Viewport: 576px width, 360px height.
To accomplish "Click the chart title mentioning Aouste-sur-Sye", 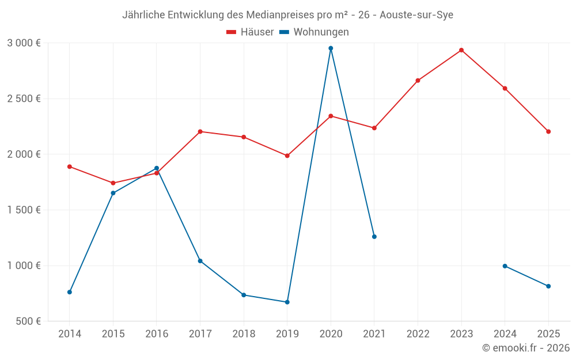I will (287, 15).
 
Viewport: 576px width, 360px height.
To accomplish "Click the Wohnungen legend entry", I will (314, 32).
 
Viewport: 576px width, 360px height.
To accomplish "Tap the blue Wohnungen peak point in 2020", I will (331, 48).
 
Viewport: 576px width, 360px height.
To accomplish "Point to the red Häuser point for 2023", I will (461, 50).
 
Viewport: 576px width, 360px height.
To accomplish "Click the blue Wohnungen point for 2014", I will (70, 292).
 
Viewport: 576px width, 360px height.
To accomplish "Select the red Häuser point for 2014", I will (70, 166).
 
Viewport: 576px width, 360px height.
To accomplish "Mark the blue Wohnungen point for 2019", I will (287, 302).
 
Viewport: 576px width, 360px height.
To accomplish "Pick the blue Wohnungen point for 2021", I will (374, 237).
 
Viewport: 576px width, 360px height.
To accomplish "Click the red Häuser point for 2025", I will (548, 131).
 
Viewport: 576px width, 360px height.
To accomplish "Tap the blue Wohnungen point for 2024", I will (505, 266).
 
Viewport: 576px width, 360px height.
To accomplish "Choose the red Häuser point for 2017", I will (200, 131).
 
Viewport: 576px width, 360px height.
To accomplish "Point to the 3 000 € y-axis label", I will (24, 43).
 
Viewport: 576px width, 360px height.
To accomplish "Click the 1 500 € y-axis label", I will (24, 210).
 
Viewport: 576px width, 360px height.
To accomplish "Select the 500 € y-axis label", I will (28, 321).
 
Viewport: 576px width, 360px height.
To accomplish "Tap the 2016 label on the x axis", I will (157, 334).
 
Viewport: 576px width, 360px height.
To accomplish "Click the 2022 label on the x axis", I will (418, 334).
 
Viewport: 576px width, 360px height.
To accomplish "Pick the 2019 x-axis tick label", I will (287, 334).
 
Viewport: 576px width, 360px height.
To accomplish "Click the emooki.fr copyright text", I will (525, 348).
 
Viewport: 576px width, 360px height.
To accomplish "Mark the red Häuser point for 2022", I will (418, 81).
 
